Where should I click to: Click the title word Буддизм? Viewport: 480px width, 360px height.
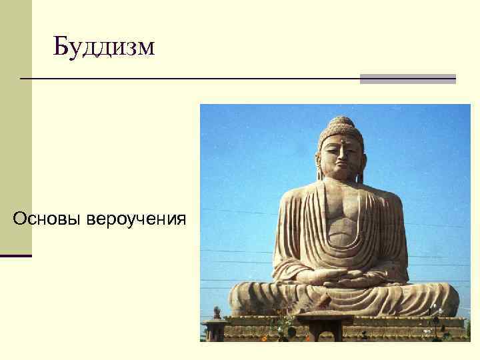pos(104,47)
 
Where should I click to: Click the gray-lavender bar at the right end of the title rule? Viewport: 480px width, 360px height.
pos(407,79)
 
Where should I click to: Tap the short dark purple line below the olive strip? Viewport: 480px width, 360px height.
pos(16,255)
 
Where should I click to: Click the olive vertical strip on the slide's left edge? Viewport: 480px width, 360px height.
pos(16,127)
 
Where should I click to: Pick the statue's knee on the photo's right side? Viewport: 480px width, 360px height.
pos(437,297)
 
